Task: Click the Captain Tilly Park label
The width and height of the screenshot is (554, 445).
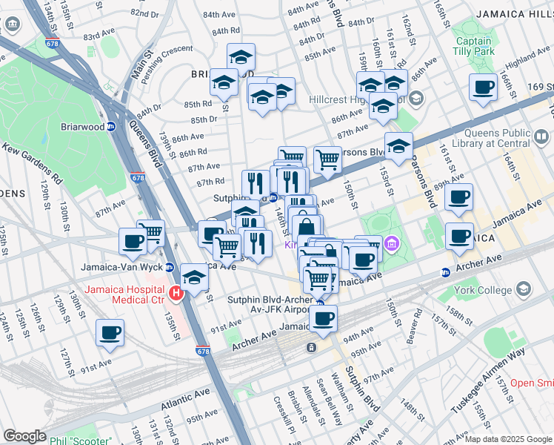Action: pyautogui.click(x=473, y=46)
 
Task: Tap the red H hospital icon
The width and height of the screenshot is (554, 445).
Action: pyautogui.click(x=176, y=294)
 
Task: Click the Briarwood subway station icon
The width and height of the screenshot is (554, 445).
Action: pyautogui.click(x=110, y=126)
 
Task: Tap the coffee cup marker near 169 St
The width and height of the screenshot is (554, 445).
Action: pyautogui.click(x=483, y=87)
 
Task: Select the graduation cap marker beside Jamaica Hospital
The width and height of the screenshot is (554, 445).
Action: pyautogui.click(x=194, y=277)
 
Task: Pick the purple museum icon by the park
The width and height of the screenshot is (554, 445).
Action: pyautogui.click(x=392, y=243)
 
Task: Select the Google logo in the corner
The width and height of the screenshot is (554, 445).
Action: pyautogui.click(x=24, y=435)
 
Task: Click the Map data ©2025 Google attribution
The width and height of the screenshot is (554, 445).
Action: pyautogui.click(x=508, y=439)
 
